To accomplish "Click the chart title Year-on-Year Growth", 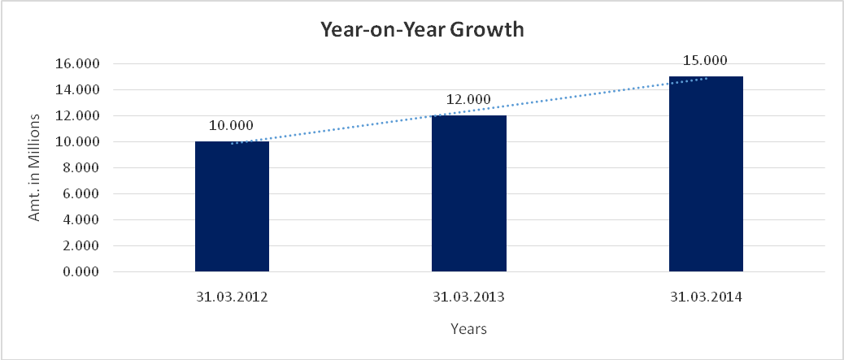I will pos(422,31).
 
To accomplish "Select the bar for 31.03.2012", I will pos(232,206).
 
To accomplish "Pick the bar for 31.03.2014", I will pos(706,174).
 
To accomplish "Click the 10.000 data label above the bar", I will pos(232,126).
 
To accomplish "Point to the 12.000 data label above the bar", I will pos(468,100).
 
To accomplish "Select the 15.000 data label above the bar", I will pos(705,60).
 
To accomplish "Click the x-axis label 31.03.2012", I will pos(233,297).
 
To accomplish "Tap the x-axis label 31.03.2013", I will pos(469,297).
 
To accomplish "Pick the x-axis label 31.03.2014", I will pos(706,297).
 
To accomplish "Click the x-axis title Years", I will pos(469,329).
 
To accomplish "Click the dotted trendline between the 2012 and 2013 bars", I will pos(350,128).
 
